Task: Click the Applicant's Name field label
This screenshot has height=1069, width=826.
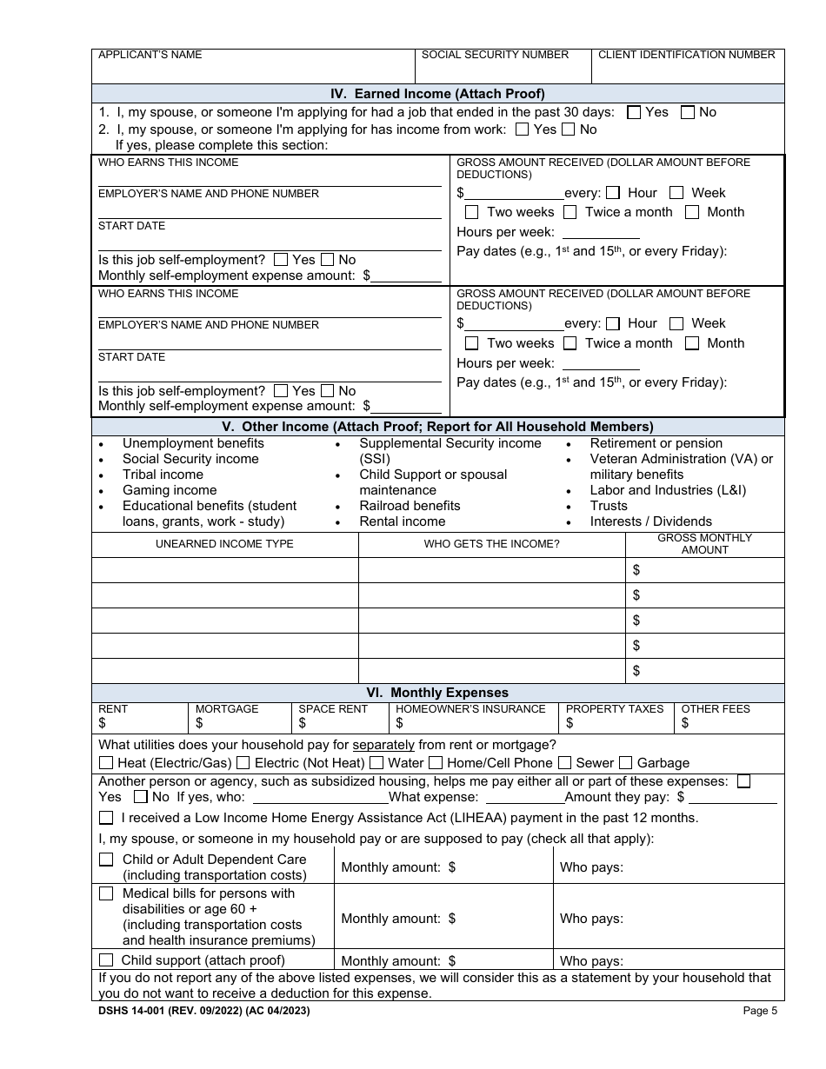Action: coord(150,55)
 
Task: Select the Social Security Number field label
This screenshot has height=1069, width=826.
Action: coord(495,55)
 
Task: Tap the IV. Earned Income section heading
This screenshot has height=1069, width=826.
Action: coord(437,94)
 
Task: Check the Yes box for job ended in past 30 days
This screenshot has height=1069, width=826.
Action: coord(634,112)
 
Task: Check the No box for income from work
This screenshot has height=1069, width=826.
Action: coord(569,129)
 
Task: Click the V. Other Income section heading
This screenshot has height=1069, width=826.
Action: coord(437,427)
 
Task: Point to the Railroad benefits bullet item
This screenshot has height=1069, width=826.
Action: coord(410,506)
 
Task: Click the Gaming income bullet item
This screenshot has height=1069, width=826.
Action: coord(169,490)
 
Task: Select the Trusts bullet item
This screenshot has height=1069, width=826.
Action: coord(608,506)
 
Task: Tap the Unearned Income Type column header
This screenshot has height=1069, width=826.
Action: coord(224,544)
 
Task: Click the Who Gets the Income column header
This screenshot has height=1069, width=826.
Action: coord(491,544)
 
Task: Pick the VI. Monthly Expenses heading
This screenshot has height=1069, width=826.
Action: coord(437,693)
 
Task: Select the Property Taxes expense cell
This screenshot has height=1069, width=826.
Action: coord(616,718)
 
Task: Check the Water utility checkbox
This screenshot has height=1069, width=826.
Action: coord(376,763)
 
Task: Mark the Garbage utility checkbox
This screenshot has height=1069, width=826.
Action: coord(626,763)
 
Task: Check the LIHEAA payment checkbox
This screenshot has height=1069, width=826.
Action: coord(106,818)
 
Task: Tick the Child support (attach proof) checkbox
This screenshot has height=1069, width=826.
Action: coord(106,960)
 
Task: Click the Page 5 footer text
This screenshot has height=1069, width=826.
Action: coord(760,1011)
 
